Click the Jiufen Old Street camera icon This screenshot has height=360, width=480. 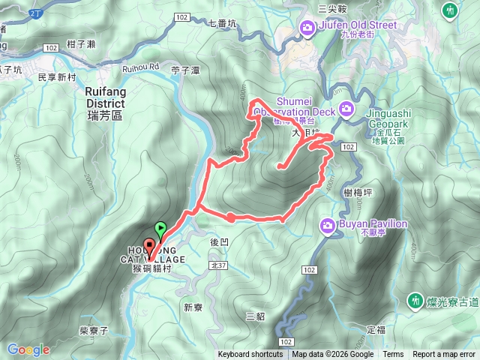tap(307, 29)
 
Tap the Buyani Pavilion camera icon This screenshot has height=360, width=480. tap(328, 225)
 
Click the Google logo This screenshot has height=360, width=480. tap(28, 349)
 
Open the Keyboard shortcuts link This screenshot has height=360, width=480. tap(250, 355)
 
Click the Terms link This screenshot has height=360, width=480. tap(393, 355)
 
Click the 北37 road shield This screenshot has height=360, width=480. tap(219, 265)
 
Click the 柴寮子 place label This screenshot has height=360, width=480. tap(94, 331)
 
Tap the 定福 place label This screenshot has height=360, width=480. tap(376, 329)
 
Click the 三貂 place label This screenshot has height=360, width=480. tap(255, 316)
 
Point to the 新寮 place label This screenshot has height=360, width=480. tap(193, 286)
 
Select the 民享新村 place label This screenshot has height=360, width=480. tap(57, 78)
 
